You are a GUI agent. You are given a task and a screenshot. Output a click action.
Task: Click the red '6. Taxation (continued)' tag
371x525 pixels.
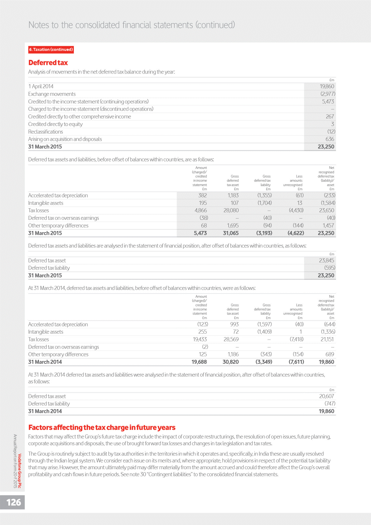click(51, 50)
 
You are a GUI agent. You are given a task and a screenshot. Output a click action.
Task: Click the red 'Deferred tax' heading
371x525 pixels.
click(48, 63)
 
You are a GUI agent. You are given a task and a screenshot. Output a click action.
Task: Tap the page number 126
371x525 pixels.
click(14, 502)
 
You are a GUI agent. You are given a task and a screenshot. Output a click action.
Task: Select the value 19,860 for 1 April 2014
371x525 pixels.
click(327, 86)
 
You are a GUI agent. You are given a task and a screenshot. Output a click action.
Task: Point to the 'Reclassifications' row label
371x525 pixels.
click(46, 132)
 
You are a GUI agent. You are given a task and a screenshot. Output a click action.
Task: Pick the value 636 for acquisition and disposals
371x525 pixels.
click(330, 139)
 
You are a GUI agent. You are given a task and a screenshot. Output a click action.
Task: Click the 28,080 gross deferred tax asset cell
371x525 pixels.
click(231, 210)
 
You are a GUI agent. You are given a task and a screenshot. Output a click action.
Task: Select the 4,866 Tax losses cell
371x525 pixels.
click(200, 210)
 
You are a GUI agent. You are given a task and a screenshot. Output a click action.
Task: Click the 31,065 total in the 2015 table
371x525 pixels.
click(231, 233)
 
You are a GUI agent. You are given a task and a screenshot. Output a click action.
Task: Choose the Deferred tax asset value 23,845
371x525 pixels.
click(326, 260)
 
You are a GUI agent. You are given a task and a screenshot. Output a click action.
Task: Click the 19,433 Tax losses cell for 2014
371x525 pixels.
click(200, 339)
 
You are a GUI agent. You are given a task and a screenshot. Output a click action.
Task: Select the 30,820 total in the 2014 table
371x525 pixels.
click(231, 362)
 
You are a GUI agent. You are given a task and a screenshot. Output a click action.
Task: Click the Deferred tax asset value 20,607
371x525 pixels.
click(326, 396)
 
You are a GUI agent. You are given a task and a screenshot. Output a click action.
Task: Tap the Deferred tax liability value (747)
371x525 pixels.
click(330, 404)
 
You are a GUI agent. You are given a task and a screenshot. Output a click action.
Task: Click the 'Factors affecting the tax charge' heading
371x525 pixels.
click(102, 427)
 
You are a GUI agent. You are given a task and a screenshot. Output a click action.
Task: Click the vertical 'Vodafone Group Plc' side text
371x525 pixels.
click(20, 471)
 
